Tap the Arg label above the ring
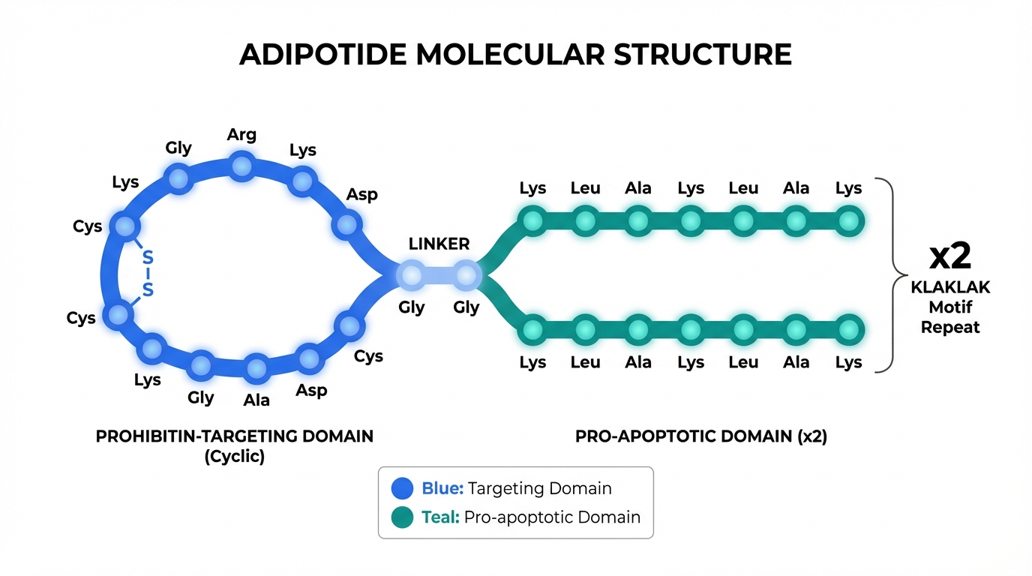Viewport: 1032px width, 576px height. coord(241,135)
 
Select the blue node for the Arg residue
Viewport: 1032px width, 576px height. coord(241,166)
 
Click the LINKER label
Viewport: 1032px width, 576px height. coord(439,244)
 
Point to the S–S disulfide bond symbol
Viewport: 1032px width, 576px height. coord(148,274)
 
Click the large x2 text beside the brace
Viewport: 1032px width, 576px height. coord(950,256)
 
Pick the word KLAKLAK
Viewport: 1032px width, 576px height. coord(950,287)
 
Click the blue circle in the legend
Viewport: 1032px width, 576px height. coord(403,489)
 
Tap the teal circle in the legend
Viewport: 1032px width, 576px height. coord(403,517)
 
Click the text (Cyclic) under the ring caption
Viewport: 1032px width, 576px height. coord(234,456)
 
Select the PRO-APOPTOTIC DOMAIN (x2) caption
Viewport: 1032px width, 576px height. coord(700,436)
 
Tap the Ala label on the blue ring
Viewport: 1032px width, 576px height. coord(256,400)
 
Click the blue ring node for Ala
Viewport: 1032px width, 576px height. coord(256,368)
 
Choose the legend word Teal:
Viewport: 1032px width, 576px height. coord(440,517)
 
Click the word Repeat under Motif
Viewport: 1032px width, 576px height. coord(950,327)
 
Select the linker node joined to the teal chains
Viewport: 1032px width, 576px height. coord(466,275)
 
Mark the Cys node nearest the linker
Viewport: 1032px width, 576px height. coord(348,326)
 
